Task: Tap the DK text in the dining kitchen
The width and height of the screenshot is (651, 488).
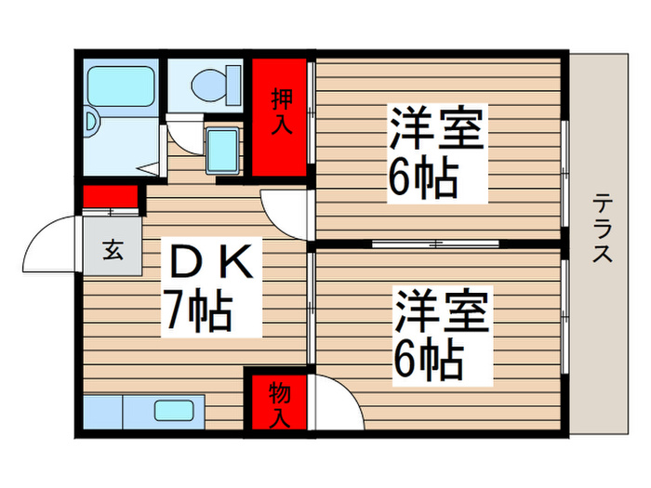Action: click(209, 265)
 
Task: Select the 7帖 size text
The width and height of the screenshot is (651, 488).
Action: click(199, 312)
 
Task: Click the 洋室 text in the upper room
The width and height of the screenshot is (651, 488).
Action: click(436, 130)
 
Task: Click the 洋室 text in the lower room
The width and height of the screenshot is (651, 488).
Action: click(443, 311)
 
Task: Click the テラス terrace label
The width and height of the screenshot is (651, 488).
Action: click(602, 228)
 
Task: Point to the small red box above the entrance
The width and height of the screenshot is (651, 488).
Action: click(110, 197)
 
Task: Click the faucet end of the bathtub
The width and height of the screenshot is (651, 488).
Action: click(94, 121)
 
